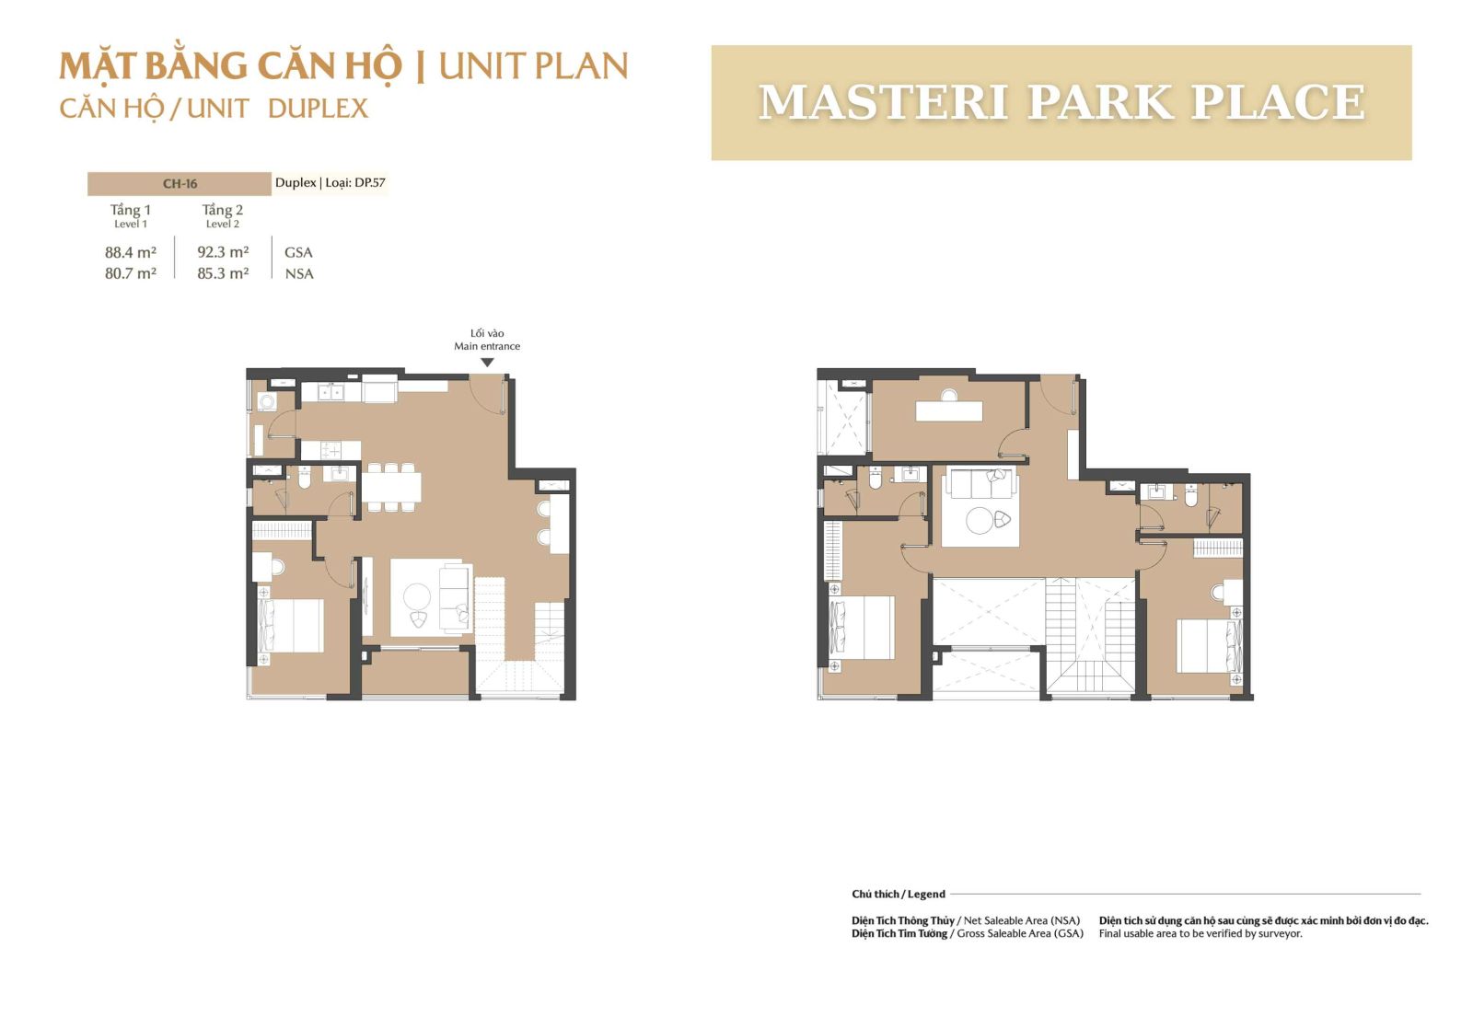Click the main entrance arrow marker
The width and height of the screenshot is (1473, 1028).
click(x=487, y=363)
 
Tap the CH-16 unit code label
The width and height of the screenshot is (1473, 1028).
click(x=180, y=184)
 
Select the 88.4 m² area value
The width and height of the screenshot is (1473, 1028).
click(x=130, y=252)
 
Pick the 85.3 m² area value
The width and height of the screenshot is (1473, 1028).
click(x=223, y=273)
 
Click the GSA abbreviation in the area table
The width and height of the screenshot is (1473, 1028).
click(x=298, y=252)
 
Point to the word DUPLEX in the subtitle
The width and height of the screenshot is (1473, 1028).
click(x=319, y=109)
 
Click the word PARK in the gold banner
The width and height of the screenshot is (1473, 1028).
click(x=1099, y=102)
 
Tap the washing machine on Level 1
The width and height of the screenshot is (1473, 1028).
click(x=267, y=401)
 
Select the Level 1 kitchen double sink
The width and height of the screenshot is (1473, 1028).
click(x=331, y=393)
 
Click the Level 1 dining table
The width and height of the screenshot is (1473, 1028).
click(x=391, y=487)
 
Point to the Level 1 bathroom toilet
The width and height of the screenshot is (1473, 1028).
click(x=305, y=478)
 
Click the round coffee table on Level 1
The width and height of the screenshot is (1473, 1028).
click(x=417, y=596)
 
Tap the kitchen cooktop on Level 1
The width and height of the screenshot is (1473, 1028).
click(x=331, y=450)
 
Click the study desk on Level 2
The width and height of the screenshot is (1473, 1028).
click(x=949, y=410)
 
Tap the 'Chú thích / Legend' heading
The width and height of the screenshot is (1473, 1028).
click(x=899, y=894)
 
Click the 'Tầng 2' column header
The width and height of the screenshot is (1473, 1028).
click(x=222, y=210)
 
